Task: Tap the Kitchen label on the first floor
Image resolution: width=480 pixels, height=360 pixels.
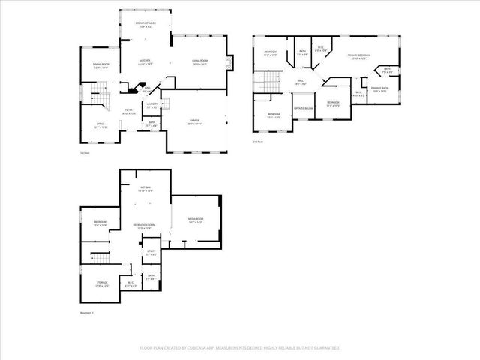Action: click(x=145, y=62)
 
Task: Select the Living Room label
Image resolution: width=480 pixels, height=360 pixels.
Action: click(x=199, y=62)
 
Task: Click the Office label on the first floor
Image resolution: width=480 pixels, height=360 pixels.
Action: click(x=100, y=125)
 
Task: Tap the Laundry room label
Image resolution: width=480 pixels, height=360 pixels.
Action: click(x=151, y=105)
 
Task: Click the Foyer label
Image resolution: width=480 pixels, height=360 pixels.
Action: click(x=129, y=112)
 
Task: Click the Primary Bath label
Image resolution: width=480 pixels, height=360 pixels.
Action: click(x=379, y=89)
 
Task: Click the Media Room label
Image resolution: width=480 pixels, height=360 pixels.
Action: click(x=196, y=220)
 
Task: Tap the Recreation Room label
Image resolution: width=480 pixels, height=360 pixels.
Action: click(x=144, y=226)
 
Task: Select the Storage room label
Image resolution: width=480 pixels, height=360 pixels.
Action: click(x=101, y=284)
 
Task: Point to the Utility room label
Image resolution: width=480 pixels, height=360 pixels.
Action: click(x=151, y=253)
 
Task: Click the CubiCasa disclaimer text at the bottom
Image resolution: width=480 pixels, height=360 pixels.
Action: click(x=240, y=348)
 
